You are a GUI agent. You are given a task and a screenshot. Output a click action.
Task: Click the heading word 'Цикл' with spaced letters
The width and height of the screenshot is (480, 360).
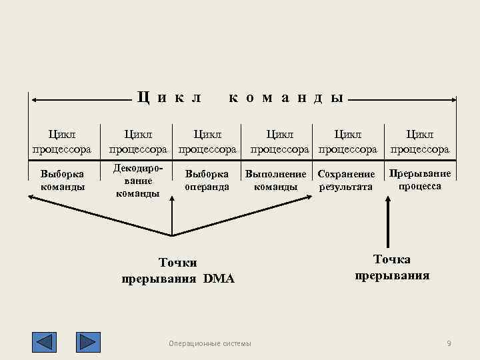[x=169, y=97]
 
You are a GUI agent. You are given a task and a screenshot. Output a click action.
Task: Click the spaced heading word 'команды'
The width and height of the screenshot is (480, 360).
[x=287, y=97]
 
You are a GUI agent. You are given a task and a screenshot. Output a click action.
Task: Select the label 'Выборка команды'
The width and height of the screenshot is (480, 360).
[x=63, y=180]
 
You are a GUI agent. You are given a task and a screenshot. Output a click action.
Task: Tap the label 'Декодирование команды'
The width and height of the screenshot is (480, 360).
[x=137, y=180]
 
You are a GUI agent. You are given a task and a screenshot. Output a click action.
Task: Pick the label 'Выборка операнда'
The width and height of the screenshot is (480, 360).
[x=207, y=180]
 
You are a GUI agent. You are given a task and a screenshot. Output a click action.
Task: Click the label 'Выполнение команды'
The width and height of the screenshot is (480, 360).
[x=275, y=180]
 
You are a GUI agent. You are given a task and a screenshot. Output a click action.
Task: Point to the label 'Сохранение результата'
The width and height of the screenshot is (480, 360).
[x=346, y=180]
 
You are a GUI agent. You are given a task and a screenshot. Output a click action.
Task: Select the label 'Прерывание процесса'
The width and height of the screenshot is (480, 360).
[x=420, y=180]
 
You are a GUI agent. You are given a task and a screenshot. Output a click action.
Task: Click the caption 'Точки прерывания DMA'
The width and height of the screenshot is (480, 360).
[x=178, y=271]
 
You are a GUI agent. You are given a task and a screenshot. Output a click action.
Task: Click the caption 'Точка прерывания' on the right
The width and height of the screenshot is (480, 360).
[x=392, y=267]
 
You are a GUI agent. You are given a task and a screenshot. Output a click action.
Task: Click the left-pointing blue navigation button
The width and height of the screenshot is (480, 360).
[x=45, y=342]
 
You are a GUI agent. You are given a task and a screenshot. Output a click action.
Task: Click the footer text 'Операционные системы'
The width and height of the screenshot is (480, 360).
[x=211, y=343]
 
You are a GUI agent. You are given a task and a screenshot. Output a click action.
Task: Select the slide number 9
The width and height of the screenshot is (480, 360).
[x=449, y=343]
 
